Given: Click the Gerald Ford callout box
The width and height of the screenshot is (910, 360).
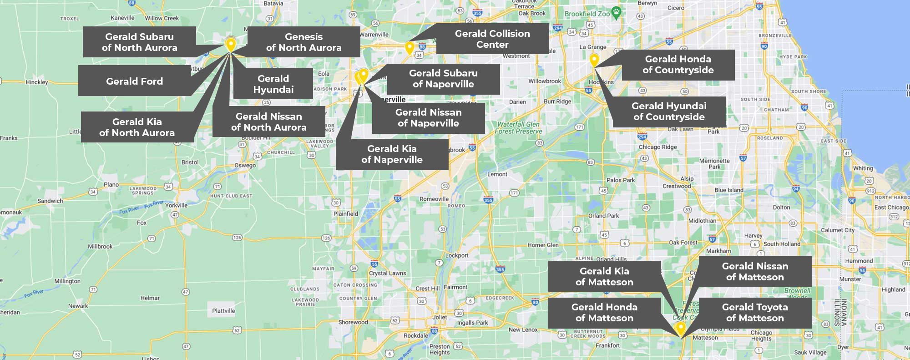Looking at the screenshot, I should pos(134,81).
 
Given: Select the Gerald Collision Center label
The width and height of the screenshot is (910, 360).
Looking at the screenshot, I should pos(492,39).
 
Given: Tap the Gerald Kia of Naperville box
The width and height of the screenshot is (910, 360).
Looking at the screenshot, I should pos(392,154).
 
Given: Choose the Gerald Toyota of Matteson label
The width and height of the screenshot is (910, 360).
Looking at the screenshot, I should pos(755,313).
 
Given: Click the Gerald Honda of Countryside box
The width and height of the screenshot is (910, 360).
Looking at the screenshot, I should pos(678,65).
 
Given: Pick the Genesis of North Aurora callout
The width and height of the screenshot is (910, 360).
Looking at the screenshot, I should pos(303,42).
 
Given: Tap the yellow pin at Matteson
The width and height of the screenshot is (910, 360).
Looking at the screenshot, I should pos(681,327).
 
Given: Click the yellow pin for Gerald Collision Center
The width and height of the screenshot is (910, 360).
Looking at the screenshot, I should pos(409,47).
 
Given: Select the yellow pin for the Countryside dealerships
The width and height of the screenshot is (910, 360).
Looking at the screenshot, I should pos(594,59).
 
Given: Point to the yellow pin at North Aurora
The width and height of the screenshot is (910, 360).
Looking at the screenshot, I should pos(231,44).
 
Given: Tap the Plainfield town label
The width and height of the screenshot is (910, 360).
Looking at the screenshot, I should pos(346,213).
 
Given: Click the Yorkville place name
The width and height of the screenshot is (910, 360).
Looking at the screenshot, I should pos(176,205).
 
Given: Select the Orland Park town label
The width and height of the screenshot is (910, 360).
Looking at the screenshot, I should pos(603,216).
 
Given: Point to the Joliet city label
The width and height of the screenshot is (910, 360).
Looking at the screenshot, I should pos(440,317).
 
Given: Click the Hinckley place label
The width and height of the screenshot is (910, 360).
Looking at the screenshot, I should pos(37,82).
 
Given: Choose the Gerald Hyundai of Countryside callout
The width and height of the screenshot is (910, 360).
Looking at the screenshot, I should pos(669,112).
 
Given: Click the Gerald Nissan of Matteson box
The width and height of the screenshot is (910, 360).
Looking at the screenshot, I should pos(755,272).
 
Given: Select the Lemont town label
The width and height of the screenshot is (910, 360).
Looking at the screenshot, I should pos(497,174).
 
